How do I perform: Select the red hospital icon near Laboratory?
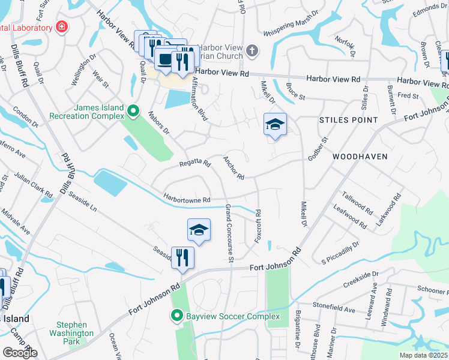pyautogui.click(x=61, y=27)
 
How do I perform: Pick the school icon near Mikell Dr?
pyautogui.click(x=275, y=125)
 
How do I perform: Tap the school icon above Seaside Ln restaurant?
pyautogui.click(x=199, y=230)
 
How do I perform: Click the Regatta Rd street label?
pyautogui.click(x=195, y=163)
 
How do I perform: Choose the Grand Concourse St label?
pyautogui.click(x=229, y=233)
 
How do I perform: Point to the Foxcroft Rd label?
pyautogui.click(x=258, y=226)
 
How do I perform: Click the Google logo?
pyautogui.click(x=20, y=353)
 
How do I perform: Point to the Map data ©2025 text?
pyautogui.click(x=423, y=355)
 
